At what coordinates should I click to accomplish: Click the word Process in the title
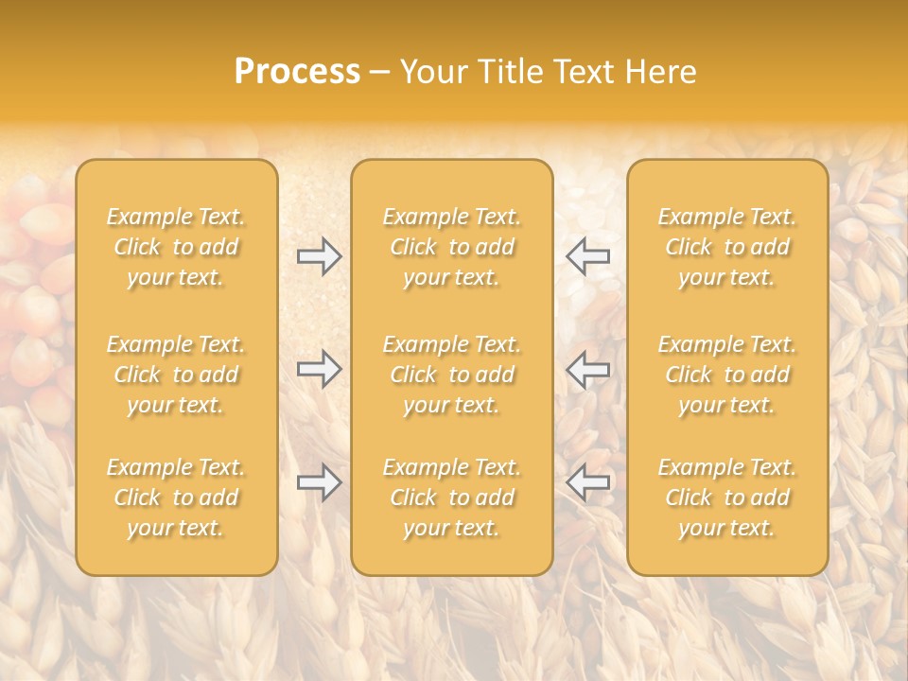[x=297, y=72]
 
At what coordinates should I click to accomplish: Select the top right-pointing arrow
[x=319, y=256]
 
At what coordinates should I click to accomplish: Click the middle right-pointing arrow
[x=319, y=369]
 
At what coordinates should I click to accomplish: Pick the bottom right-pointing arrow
[x=319, y=482]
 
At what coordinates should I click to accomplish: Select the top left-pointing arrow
[x=588, y=256]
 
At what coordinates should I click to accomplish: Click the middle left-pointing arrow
[x=588, y=369]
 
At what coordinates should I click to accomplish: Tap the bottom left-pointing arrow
[x=588, y=482]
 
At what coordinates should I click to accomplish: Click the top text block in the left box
[x=176, y=247]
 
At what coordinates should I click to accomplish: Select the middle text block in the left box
[x=176, y=375]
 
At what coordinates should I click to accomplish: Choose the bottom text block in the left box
[x=176, y=498]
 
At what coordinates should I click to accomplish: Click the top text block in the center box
[x=451, y=247]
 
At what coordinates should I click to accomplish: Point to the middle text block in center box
[x=451, y=375]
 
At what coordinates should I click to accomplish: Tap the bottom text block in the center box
[x=451, y=498]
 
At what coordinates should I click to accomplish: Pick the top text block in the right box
[x=726, y=247]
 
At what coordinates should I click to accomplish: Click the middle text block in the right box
[x=726, y=375]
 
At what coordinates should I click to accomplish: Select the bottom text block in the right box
[x=726, y=498]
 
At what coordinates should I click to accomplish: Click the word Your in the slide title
[x=431, y=72]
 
